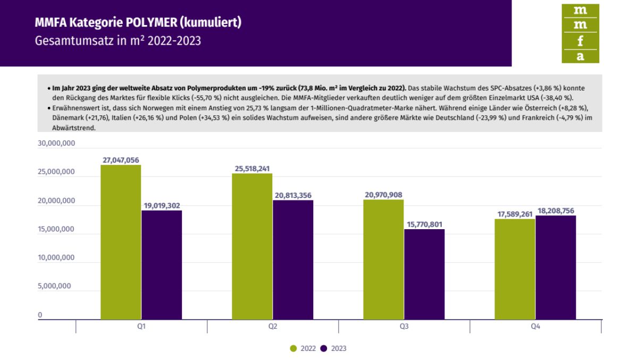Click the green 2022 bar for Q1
(x=121, y=242)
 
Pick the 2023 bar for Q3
(x=424, y=274)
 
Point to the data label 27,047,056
(x=121, y=160)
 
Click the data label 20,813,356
(x=293, y=195)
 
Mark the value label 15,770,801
(x=424, y=224)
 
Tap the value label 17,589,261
(x=515, y=214)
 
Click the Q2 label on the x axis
(x=273, y=327)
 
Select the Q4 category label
(x=535, y=327)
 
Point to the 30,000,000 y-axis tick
(x=56, y=144)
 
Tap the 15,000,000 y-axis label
(x=56, y=230)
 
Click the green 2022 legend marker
(x=293, y=349)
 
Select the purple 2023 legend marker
(x=323, y=349)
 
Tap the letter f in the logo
(x=580, y=40)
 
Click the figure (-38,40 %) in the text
(x=556, y=98)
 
